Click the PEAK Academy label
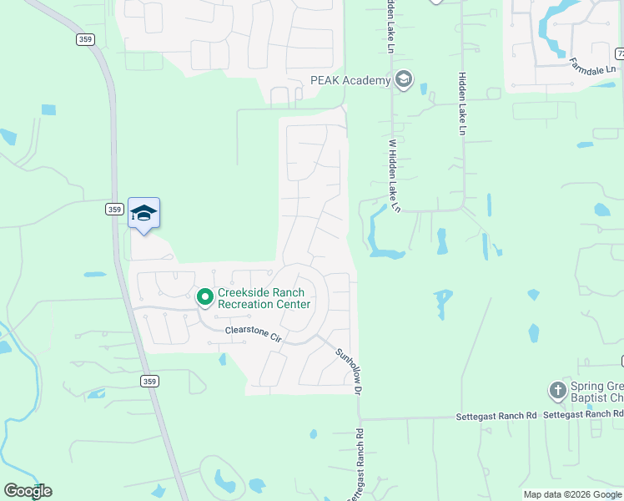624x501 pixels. tap(350, 80)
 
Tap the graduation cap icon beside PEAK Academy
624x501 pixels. tap(404, 80)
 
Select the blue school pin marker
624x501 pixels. tap(143, 214)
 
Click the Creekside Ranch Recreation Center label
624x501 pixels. tap(264, 298)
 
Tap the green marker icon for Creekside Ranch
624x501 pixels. tap(204, 297)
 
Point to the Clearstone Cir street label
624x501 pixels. tap(254, 334)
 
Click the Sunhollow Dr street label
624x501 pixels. tap(350, 372)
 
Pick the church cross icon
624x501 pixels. tap(557, 390)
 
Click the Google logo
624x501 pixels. tap(28, 491)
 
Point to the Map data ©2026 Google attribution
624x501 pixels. tap(571, 494)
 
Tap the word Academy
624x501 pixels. tap(370, 80)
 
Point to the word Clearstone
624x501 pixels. tap(247, 332)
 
